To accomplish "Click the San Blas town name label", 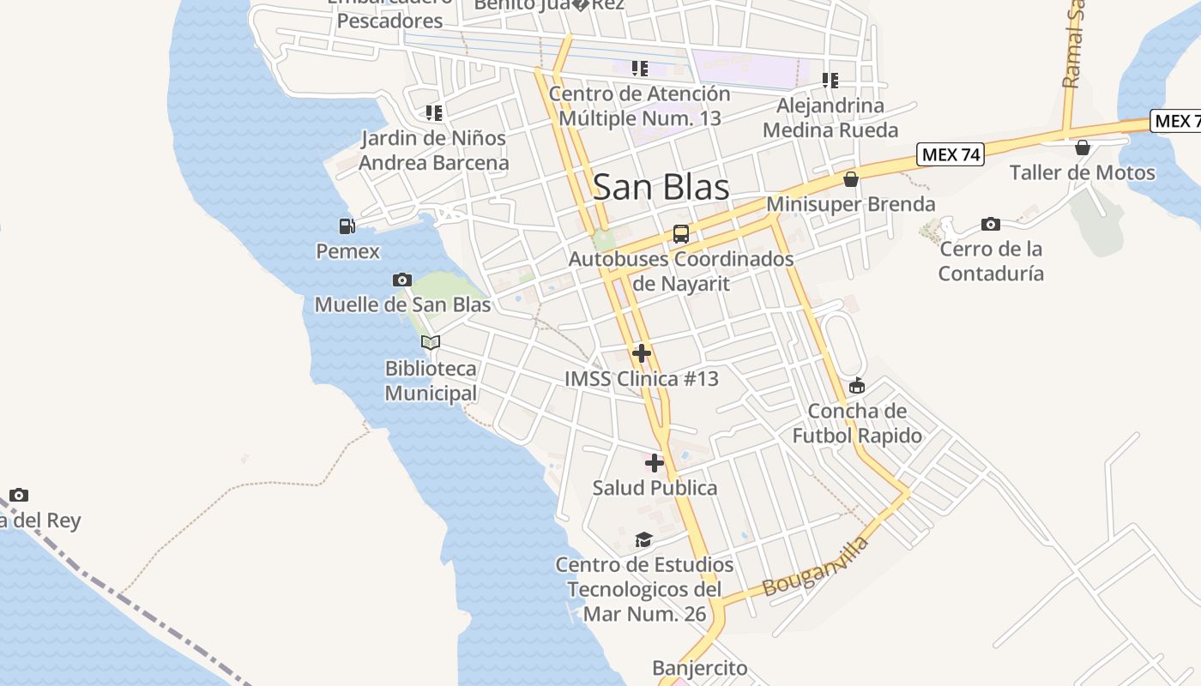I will click(661, 187).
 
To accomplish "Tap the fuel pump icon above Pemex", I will click(347, 226).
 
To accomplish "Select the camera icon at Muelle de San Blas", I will click(401, 280).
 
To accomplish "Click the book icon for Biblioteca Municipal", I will click(431, 342).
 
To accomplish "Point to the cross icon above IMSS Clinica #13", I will click(641, 353).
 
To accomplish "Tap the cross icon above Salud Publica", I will click(655, 463).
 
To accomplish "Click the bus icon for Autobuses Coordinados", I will click(680, 233).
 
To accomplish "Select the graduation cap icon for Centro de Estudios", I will click(643, 539).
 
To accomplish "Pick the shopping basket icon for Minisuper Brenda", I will click(851, 179).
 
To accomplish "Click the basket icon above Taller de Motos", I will click(1083, 147).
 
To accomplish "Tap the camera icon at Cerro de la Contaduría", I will click(991, 225).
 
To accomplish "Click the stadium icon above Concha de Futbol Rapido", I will click(856, 386).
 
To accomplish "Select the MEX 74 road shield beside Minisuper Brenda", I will click(950, 155).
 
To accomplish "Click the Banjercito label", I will click(699, 668).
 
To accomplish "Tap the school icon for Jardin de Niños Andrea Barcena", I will click(433, 112).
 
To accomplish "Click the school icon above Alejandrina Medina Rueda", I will click(830, 81).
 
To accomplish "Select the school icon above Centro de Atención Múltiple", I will click(639, 69).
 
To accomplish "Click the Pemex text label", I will click(347, 251).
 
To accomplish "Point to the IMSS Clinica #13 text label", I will click(641, 379).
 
